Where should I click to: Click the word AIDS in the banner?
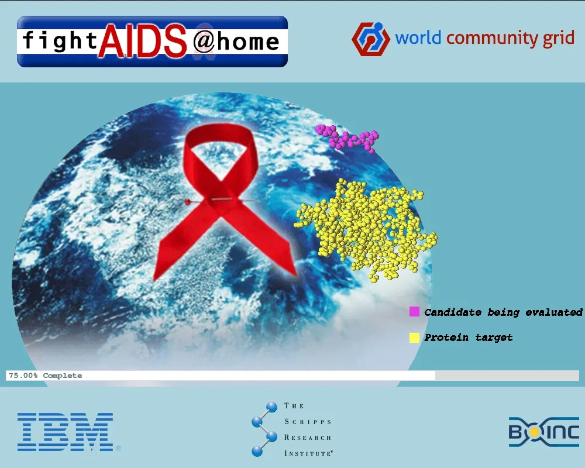point(142,42)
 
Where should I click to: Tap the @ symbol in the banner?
point(204,42)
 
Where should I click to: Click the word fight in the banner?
point(60,40)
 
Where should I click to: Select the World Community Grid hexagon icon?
point(370,39)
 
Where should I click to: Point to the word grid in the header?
point(559,39)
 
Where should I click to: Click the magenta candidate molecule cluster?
point(347,139)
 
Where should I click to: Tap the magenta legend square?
point(414,312)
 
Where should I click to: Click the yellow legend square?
point(414,338)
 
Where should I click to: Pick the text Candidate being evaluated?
point(503,312)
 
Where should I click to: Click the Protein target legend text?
point(468,338)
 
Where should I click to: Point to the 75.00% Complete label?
point(45,376)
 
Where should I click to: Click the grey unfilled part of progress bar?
point(507,376)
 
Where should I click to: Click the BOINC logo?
point(544,432)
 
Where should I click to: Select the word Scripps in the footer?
point(308,422)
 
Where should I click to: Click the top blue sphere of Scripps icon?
point(271,407)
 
